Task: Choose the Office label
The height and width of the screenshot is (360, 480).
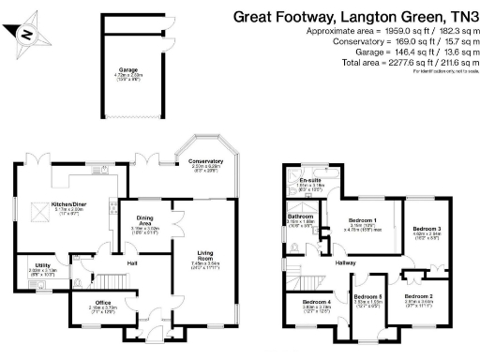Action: [102, 300]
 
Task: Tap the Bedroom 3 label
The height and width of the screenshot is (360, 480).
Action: [427, 228]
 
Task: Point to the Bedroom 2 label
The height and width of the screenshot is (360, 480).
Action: [419, 295]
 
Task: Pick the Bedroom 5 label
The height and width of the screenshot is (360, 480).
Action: [367, 297]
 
